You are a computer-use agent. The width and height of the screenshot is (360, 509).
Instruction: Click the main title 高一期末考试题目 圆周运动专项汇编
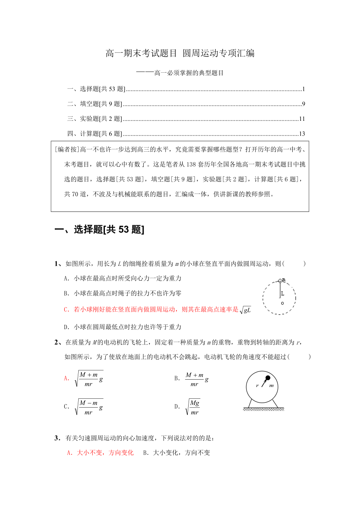tap(180, 54)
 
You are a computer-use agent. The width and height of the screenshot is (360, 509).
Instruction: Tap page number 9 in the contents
tap(303, 104)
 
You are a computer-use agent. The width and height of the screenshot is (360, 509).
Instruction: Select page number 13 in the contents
tap(302, 134)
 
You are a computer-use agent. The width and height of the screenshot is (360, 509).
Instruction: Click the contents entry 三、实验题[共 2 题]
tap(94, 119)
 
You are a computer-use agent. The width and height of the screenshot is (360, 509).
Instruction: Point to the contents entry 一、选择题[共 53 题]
tap(96, 89)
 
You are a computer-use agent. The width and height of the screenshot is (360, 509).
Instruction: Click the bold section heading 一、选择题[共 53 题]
tap(99, 230)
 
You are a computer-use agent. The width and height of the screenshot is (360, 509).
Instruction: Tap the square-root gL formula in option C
tap(245, 310)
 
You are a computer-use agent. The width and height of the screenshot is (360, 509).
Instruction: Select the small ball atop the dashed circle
tap(280, 281)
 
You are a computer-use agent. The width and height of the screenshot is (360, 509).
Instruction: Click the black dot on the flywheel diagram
tap(268, 378)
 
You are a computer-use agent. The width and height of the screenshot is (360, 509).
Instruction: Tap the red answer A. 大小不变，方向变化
tap(100, 453)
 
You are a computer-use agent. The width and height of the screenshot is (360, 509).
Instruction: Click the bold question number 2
tap(57, 342)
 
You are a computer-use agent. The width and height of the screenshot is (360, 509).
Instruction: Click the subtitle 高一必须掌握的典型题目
tap(189, 73)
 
